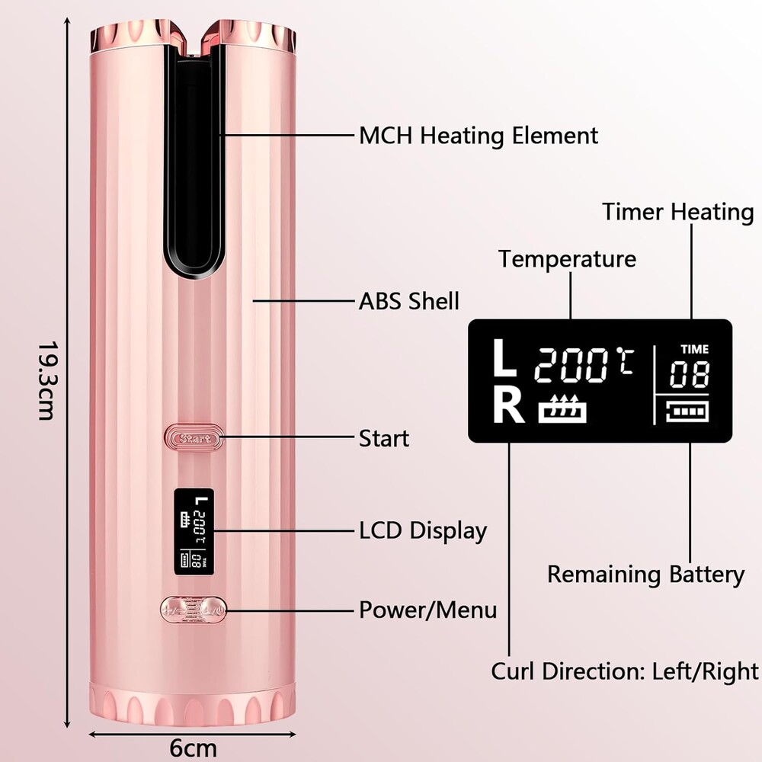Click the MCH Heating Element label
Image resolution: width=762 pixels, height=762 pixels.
click(479, 136)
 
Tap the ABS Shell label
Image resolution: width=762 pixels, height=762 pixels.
click(408, 301)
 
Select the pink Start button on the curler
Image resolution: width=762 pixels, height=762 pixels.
click(194, 438)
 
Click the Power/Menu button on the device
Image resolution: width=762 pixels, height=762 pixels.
click(194, 610)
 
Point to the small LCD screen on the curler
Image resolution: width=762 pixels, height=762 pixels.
click(194, 531)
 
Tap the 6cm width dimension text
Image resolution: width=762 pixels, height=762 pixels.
click(193, 748)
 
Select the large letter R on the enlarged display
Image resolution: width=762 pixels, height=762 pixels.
click(508, 405)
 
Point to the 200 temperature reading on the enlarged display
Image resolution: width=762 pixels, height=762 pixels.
click(571, 365)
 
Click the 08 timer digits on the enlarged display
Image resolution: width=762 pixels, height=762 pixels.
click(689, 374)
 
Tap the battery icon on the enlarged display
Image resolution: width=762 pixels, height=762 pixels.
click(687, 411)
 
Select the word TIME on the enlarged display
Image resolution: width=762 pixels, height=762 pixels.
click(694, 350)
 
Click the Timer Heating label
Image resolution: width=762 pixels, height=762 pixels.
click(678, 213)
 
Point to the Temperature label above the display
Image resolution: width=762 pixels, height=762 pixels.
click(567, 259)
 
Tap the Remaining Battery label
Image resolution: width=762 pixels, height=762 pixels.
click(646, 575)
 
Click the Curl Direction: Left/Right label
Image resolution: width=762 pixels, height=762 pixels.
click(625, 671)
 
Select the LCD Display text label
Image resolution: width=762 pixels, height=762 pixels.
click(423, 530)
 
